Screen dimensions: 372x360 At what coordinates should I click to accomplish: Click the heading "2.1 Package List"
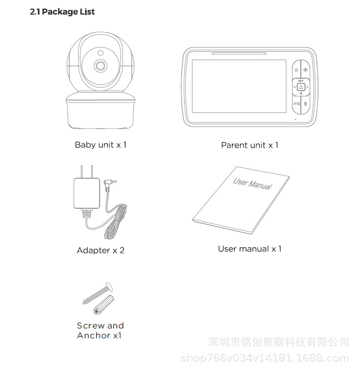[62, 12]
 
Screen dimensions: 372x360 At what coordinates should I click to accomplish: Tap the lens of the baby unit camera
[100, 66]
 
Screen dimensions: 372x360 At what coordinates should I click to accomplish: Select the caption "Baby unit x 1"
[101, 145]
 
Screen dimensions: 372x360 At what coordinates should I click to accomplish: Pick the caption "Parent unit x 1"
[250, 145]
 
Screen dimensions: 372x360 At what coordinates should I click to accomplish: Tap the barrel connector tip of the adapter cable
[110, 182]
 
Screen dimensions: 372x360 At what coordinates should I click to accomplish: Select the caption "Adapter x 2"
[101, 250]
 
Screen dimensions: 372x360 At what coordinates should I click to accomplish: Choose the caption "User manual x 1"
[250, 249]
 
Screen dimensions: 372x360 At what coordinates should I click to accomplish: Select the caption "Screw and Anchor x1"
[100, 331]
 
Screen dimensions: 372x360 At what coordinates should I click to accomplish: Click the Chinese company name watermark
[278, 342]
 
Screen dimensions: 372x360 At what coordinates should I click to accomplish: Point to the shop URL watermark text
[264, 358]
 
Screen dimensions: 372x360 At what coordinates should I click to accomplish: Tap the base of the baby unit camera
[100, 111]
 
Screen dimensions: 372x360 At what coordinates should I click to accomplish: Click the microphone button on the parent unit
[305, 104]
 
